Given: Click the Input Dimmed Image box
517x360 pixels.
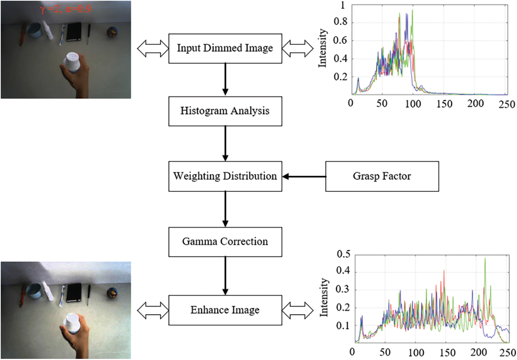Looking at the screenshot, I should click(225, 48).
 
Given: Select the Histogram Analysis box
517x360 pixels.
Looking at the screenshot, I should click(225, 111).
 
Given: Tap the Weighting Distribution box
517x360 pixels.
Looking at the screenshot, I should click(225, 176).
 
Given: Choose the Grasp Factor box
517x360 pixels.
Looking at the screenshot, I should click(382, 176).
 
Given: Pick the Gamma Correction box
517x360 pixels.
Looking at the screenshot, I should click(225, 242).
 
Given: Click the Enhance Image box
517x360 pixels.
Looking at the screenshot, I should click(225, 310).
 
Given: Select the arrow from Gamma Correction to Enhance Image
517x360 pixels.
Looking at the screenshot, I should click(225, 275).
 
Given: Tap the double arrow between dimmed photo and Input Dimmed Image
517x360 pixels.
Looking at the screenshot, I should click(153, 48).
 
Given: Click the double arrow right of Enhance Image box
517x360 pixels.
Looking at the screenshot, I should click(298, 310).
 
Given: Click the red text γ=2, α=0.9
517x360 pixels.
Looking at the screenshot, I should click(66, 9).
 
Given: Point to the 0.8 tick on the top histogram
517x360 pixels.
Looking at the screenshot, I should click(340, 22).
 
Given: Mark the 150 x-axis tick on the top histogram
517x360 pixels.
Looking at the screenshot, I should click(444, 104).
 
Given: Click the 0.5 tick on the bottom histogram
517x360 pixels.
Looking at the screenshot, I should click(343, 254).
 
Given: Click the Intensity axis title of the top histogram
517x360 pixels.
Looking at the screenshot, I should click(322, 48).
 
